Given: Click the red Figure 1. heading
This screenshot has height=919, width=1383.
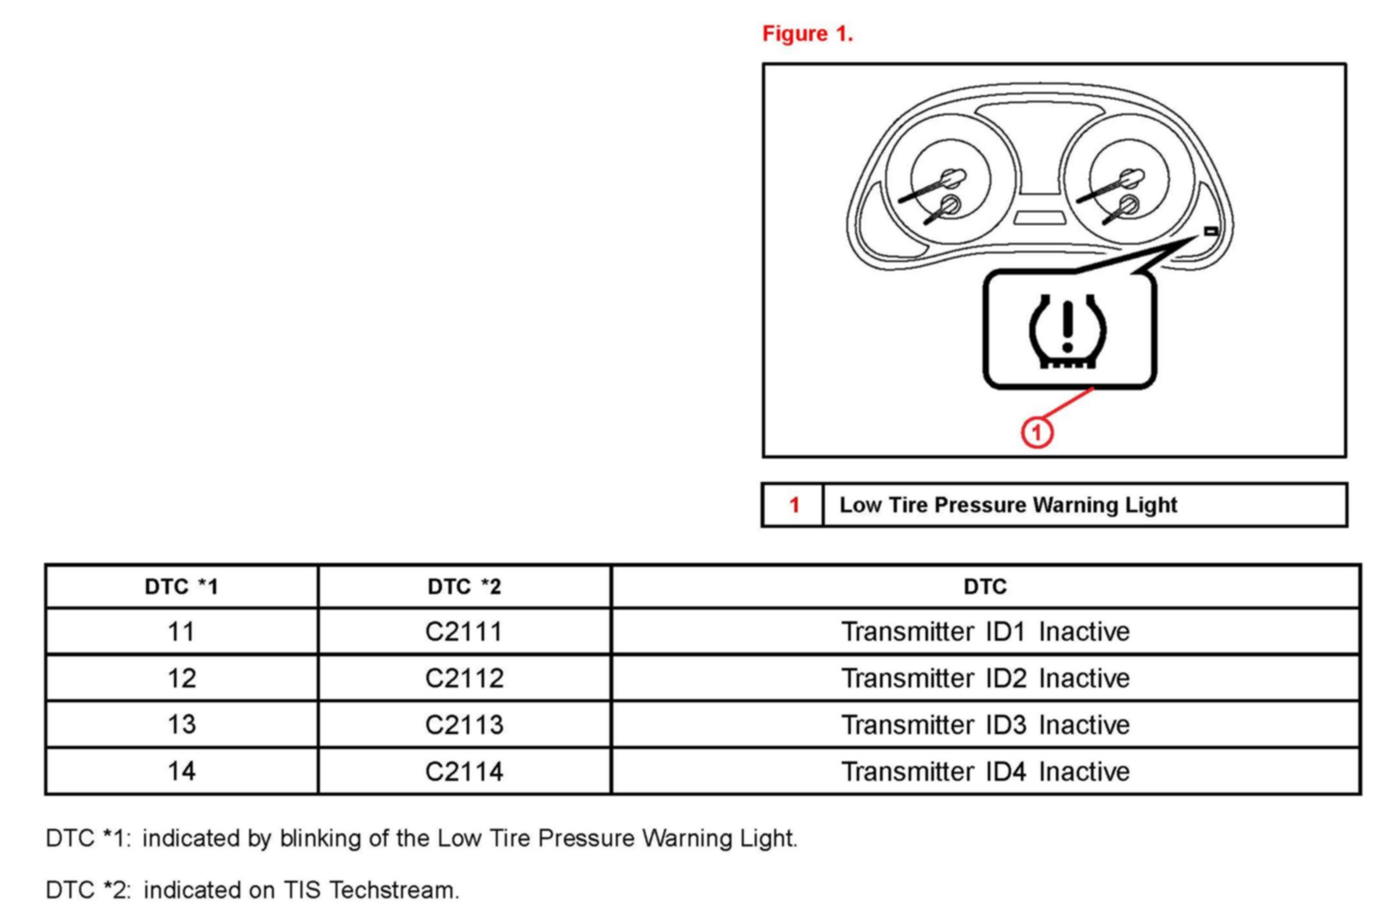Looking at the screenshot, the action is [807, 34].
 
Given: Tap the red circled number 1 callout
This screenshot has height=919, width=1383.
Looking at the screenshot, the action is [1036, 433].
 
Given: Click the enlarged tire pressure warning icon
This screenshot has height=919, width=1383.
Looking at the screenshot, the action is [1068, 331].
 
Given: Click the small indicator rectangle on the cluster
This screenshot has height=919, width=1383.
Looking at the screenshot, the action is [1210, 231].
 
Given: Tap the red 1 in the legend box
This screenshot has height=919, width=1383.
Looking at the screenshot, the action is [794, 505].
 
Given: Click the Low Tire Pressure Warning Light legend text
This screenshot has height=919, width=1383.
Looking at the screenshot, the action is [1008, 505].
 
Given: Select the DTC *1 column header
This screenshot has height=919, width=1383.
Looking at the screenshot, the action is [181, 587].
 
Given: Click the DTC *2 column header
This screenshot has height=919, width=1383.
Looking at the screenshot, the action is [464, 587].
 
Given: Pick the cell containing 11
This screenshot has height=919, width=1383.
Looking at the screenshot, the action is [181, 632].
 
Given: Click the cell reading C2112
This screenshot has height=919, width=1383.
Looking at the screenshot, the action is [464, 678].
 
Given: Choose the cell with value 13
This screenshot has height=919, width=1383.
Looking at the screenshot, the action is [181, 724].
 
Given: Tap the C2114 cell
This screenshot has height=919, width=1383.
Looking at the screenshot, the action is [464, 772].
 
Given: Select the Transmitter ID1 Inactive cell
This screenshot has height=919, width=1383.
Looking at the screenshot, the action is [985, 632].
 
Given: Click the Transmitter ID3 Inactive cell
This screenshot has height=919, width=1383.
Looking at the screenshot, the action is [985, 724].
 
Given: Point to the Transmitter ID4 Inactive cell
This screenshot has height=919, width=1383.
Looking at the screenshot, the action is [985, 772].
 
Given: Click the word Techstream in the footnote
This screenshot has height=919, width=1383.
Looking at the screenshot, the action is [393, 890].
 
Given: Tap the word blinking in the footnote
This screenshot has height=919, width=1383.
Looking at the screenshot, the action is [321, 839].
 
